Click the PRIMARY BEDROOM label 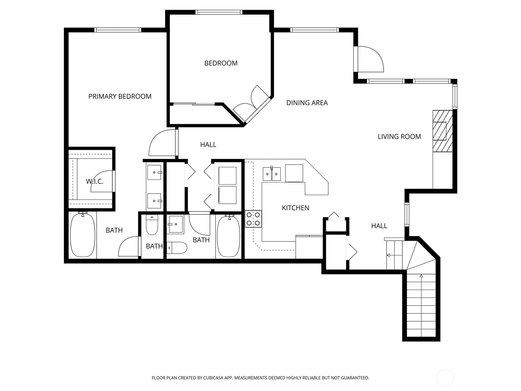pyautogui.click(x=120, y=96)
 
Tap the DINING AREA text pyautogui.click(x=307, y=103)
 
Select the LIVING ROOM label pyautogui.click(x=399, y=137)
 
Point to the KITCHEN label pyautogui.click(x=296, y=208)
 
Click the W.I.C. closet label pyautogui.click(x=94, y=181)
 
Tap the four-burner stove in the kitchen pyautogui.click(x=253, y=219)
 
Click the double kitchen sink pyautogui.click(x=272, y=174)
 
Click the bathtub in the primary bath pyautogui.click(x=83, y=235)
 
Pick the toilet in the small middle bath pyautogui.click(x=152, y=225)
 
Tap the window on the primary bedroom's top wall pyautogui.click(x=118, y=30)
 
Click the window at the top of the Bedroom pyautogui.click(x=219, y=12)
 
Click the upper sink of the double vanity pyautogui.click(x=154, y=172)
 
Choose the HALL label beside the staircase pyautogui.click(x=379, y=226)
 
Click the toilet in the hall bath pyautogui.click(x=177, y=248)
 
